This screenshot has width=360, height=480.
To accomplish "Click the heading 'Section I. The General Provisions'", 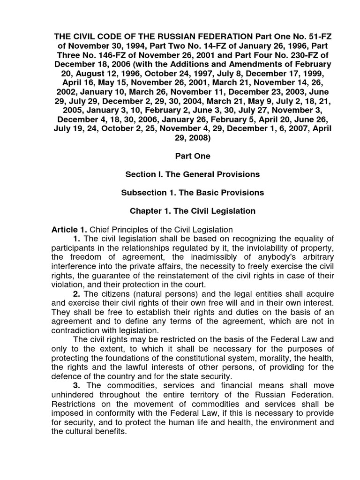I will [x=192, y=174].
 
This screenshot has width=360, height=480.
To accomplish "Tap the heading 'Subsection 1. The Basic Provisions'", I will [x=192, y=193].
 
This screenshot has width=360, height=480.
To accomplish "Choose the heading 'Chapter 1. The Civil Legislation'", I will [x=192, y=211].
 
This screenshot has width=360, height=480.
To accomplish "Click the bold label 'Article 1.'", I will [x=69, y=229].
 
